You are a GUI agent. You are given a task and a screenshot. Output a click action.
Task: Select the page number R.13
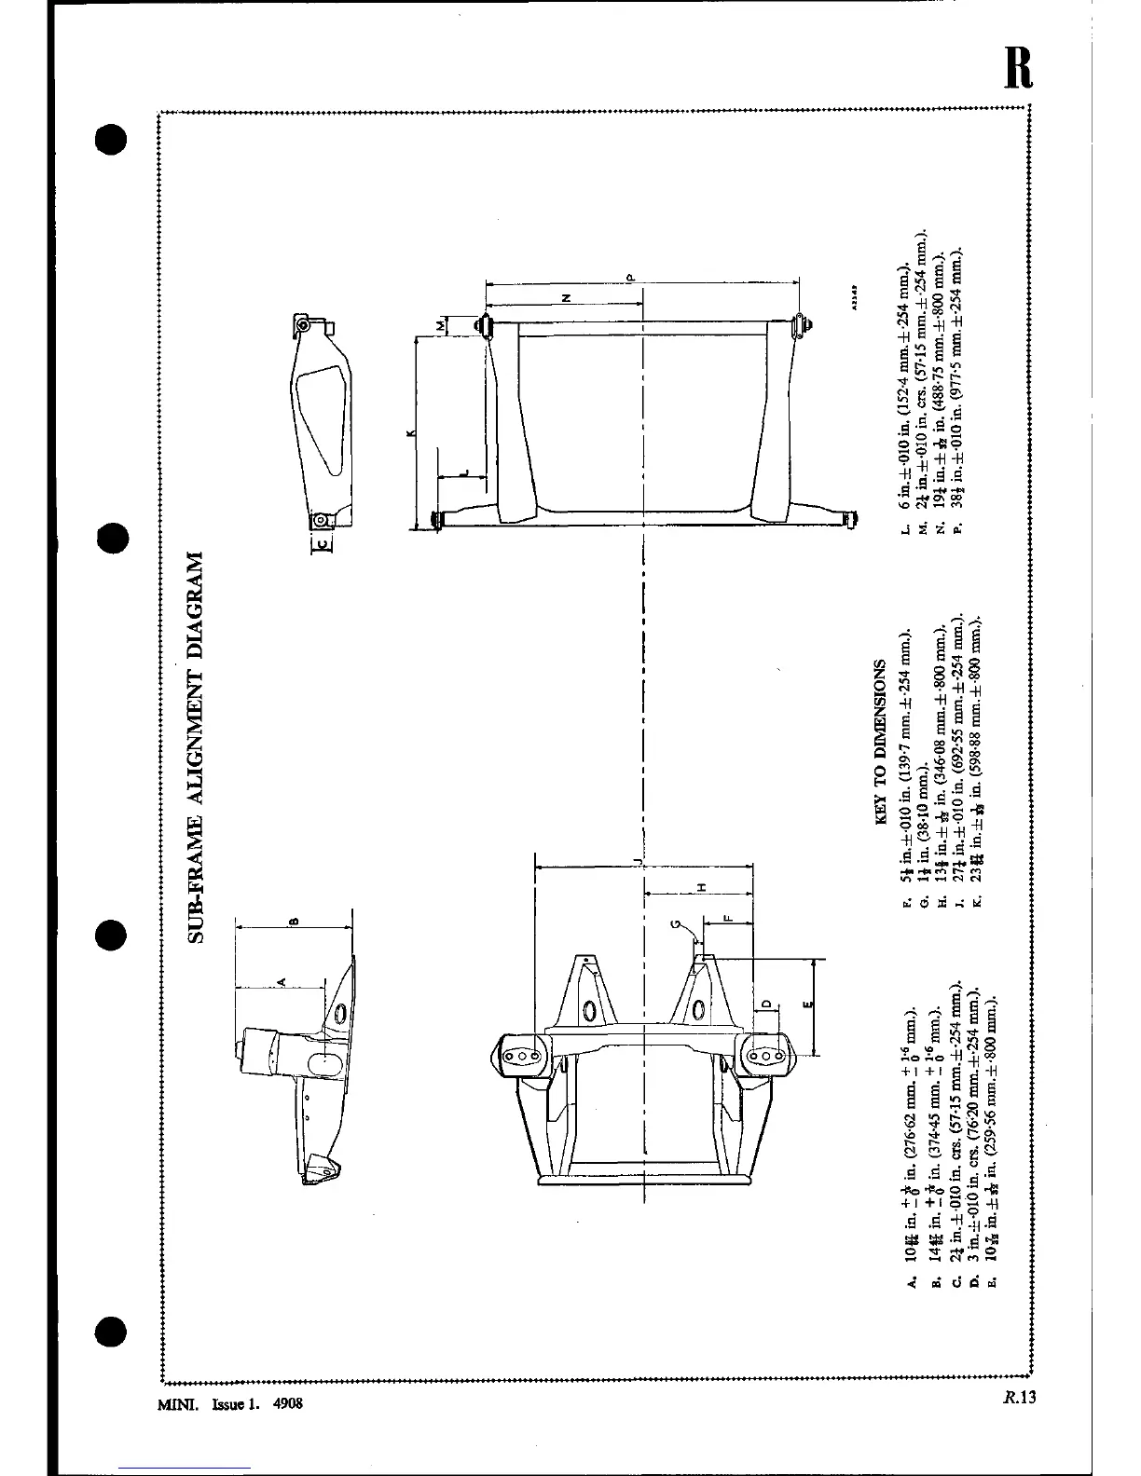coord(1020,1397)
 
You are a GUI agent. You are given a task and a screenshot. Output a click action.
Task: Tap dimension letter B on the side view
coord(295,922)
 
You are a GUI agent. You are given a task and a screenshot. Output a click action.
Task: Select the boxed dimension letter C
coord(323,543)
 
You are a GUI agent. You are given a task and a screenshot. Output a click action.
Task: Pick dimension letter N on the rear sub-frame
coord(567,298)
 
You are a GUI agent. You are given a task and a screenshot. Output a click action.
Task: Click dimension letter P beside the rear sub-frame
coord(630,278)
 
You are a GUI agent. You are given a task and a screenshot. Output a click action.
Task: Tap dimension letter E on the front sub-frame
coord(807,1004)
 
